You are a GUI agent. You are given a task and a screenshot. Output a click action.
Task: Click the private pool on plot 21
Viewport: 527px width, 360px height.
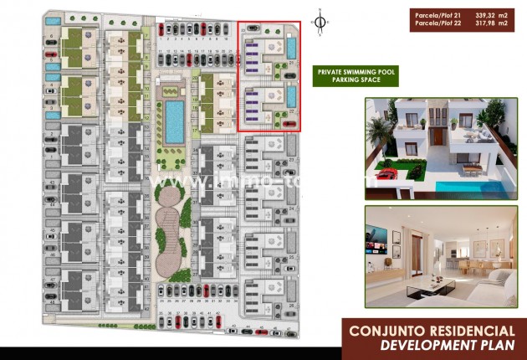point(291,48)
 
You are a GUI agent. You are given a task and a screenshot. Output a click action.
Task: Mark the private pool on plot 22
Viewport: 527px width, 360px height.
point(291,97)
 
